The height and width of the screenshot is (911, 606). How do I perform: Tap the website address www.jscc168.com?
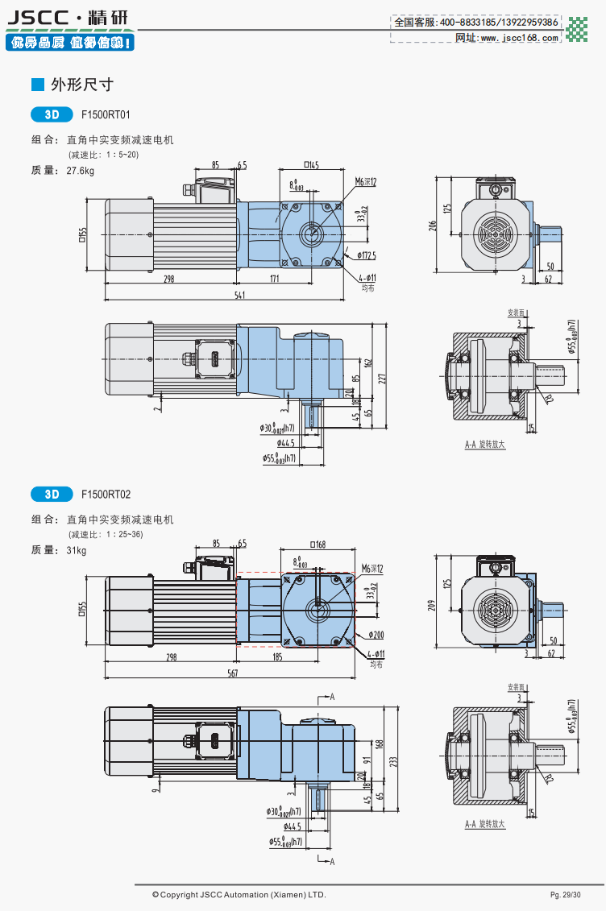tap(519, 37)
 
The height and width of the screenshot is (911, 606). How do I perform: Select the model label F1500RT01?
tap(106, 114)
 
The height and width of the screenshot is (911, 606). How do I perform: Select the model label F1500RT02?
tap(106, 494)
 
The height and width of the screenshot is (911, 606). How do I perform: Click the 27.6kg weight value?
tap(81, 171)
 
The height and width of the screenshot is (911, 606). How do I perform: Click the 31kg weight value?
tap(77, 551)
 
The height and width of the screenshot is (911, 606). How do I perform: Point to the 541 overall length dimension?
tap(239, 296)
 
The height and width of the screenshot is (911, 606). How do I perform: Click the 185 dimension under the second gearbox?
tap(277, 657)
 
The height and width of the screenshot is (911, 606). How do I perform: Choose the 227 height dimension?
tap(384, 377)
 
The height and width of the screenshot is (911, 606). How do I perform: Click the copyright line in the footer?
tap(239, 894)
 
